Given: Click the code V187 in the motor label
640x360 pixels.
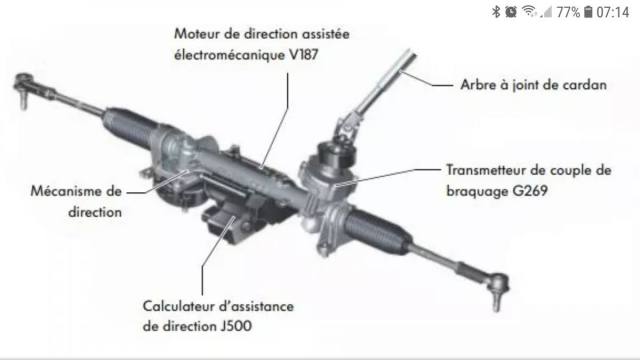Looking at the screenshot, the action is point(303,55).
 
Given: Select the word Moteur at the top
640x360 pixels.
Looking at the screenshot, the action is point(198,33).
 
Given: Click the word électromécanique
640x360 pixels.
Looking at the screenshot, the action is point(230,55).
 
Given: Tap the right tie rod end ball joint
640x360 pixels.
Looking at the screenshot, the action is point(498,288).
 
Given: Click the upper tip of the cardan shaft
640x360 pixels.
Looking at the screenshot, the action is point(411,52).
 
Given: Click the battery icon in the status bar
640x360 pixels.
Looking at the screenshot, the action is point(588,12).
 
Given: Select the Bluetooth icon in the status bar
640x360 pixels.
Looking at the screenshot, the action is point(496,12).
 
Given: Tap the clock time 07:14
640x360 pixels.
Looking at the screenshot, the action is point(613,12).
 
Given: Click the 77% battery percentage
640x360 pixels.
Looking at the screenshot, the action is point(568,12).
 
